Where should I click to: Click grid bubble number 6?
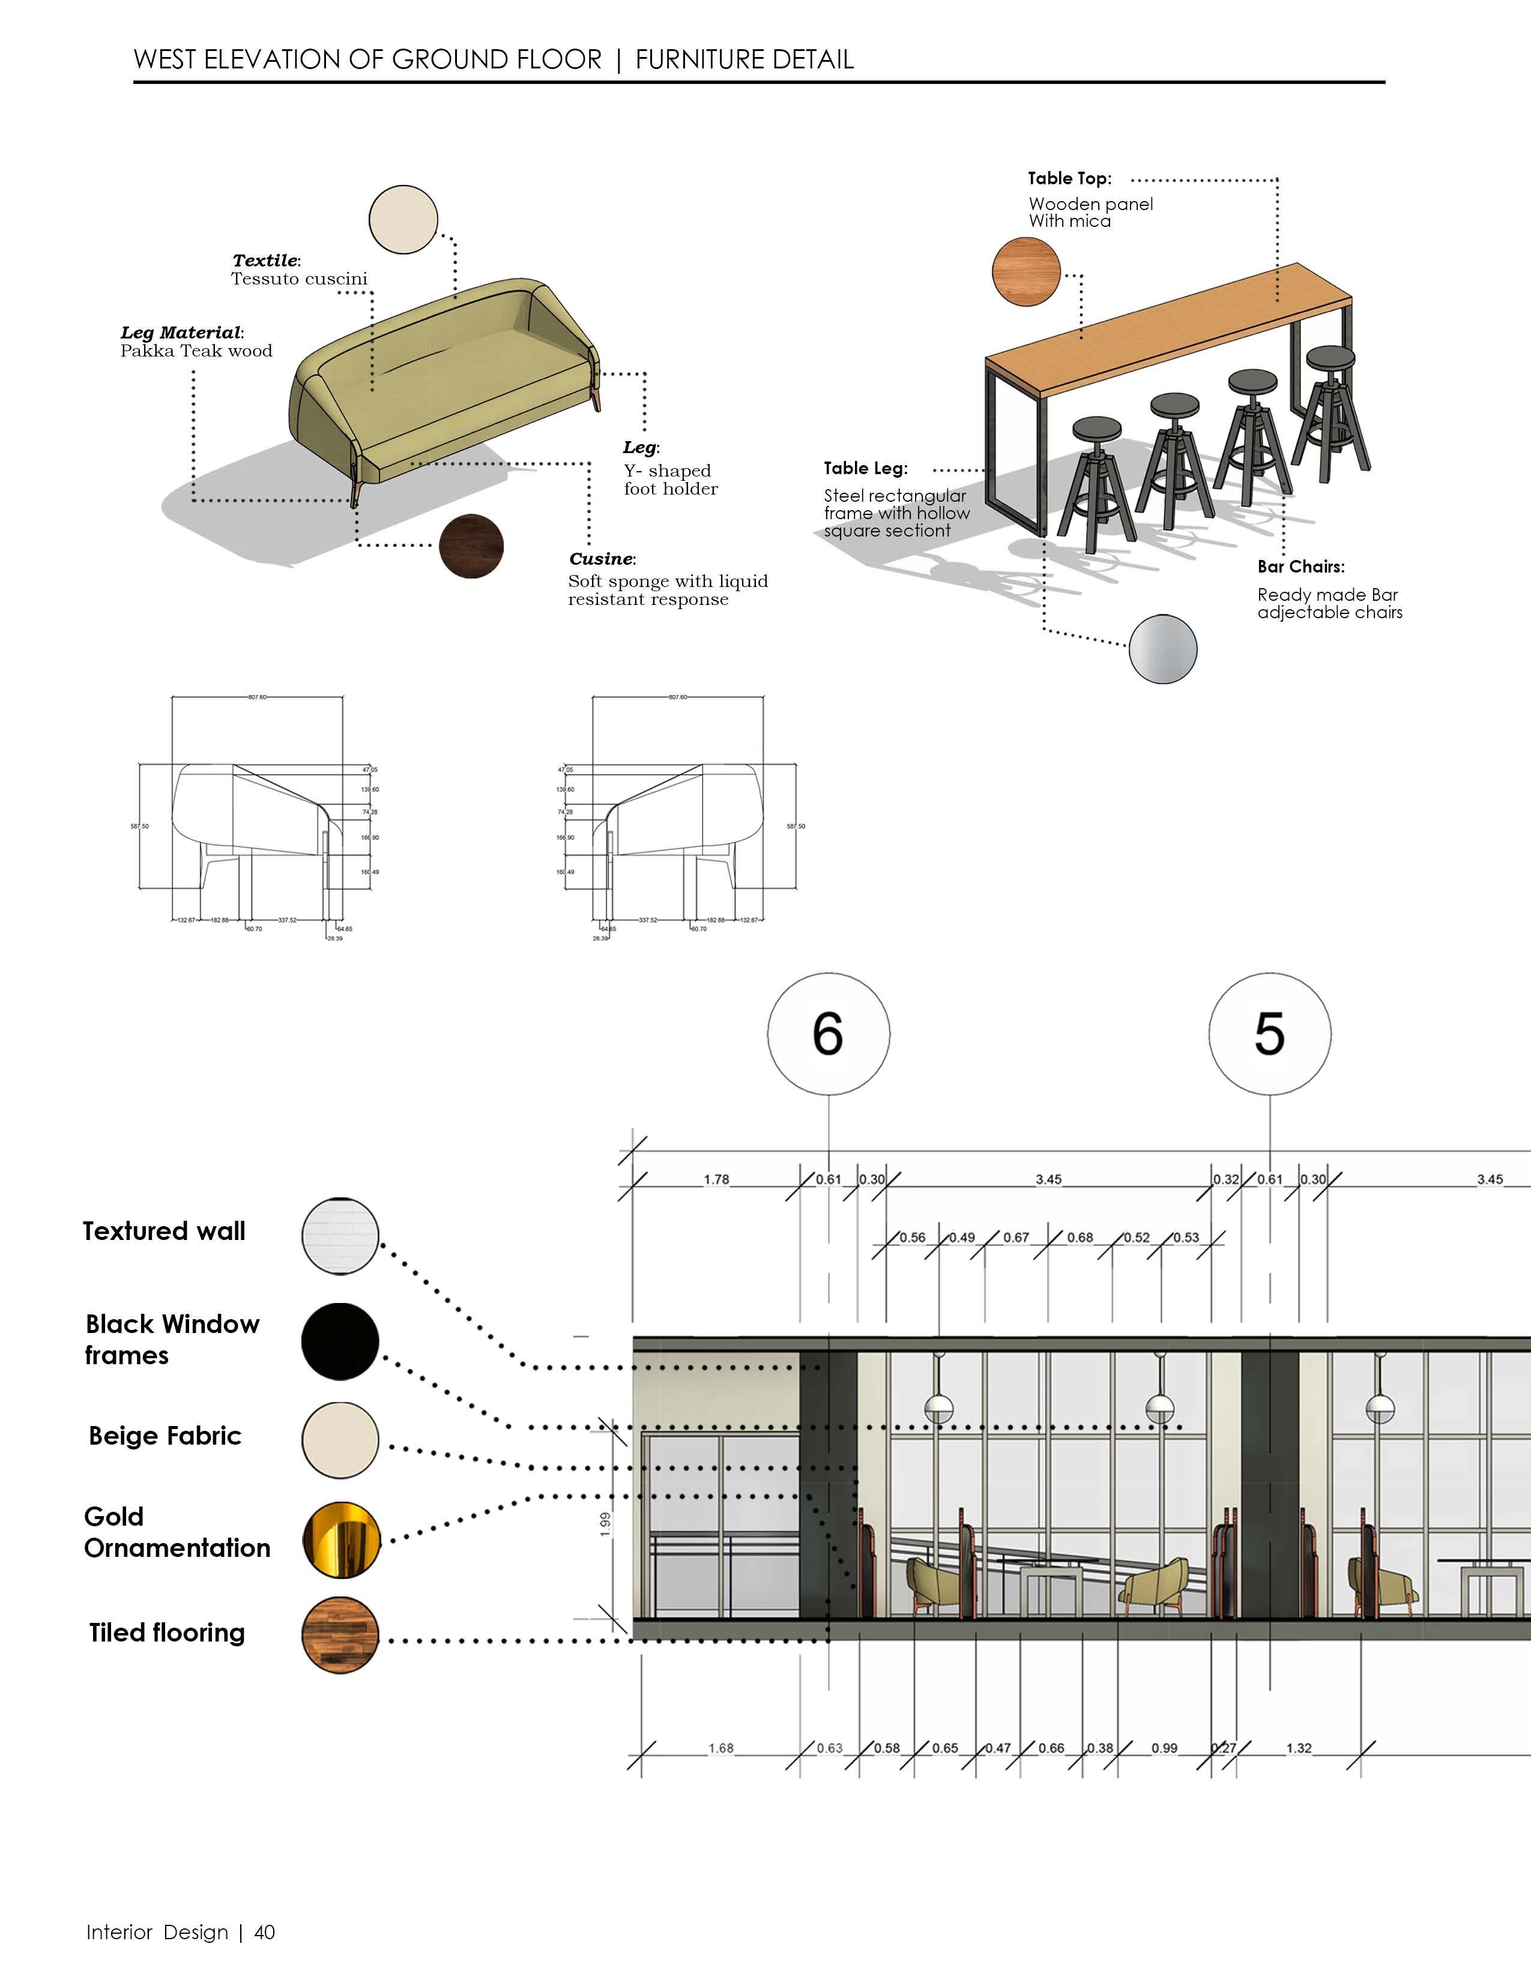[x=828, y=1034]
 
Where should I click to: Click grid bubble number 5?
[x=1270, y=1034]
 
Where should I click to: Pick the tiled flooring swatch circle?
[x=340, y=1634]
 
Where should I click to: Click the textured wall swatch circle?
[x=340, y=1236]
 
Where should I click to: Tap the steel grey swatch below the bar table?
[x=1163, y=648]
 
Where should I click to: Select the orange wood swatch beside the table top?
[x=1026, y=271]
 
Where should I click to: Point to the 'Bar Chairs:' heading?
[x=1300, y=567]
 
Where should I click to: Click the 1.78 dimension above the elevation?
[x=716, y=1179]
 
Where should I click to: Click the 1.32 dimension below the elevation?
[x=1299, y=1748]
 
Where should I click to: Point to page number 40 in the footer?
[x=264, y=1932]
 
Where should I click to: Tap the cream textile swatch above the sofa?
[x=403, y=220]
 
